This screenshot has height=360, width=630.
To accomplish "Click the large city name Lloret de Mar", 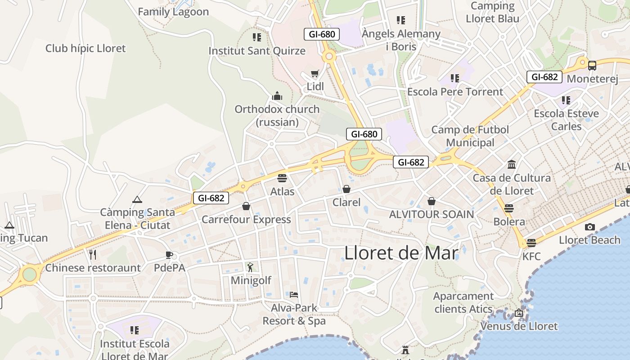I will (x=401, y=253).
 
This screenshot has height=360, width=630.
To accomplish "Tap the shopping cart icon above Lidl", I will (x=315, y=73).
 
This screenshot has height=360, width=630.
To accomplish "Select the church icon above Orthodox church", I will (x=277, y=96).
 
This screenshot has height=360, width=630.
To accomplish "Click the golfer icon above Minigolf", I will (x=251, y=267).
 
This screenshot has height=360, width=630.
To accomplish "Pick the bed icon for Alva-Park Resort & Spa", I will (x=294, y=295).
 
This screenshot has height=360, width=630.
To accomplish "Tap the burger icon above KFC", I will (x=531, y=243).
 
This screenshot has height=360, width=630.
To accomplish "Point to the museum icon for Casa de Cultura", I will (x=512, y=164).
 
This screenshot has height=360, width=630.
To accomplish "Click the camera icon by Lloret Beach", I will (x=589, y=227).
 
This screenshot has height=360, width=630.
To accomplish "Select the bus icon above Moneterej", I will (x=592, y=65).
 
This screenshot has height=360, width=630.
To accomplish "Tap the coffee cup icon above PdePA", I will (x=169, y=255).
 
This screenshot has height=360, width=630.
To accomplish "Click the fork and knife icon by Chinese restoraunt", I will (x=93, y=255).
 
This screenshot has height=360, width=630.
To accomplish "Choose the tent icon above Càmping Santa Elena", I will (x=137, y=199).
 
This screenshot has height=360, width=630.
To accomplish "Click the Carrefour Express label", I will (x=246, y=220).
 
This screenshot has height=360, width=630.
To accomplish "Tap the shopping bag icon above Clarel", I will (x=346, y=189).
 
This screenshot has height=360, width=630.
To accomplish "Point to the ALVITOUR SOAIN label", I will (x=431, y=214).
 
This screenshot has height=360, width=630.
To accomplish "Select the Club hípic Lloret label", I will (x=85, y=48).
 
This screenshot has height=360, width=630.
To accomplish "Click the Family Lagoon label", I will (x=173, y=12).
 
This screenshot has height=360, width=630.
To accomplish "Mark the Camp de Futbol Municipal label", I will (x=470, y=136).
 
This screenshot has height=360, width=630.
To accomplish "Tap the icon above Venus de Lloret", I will (x=519, y=313).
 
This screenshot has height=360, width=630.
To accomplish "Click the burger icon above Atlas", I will (x=282, y=178).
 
